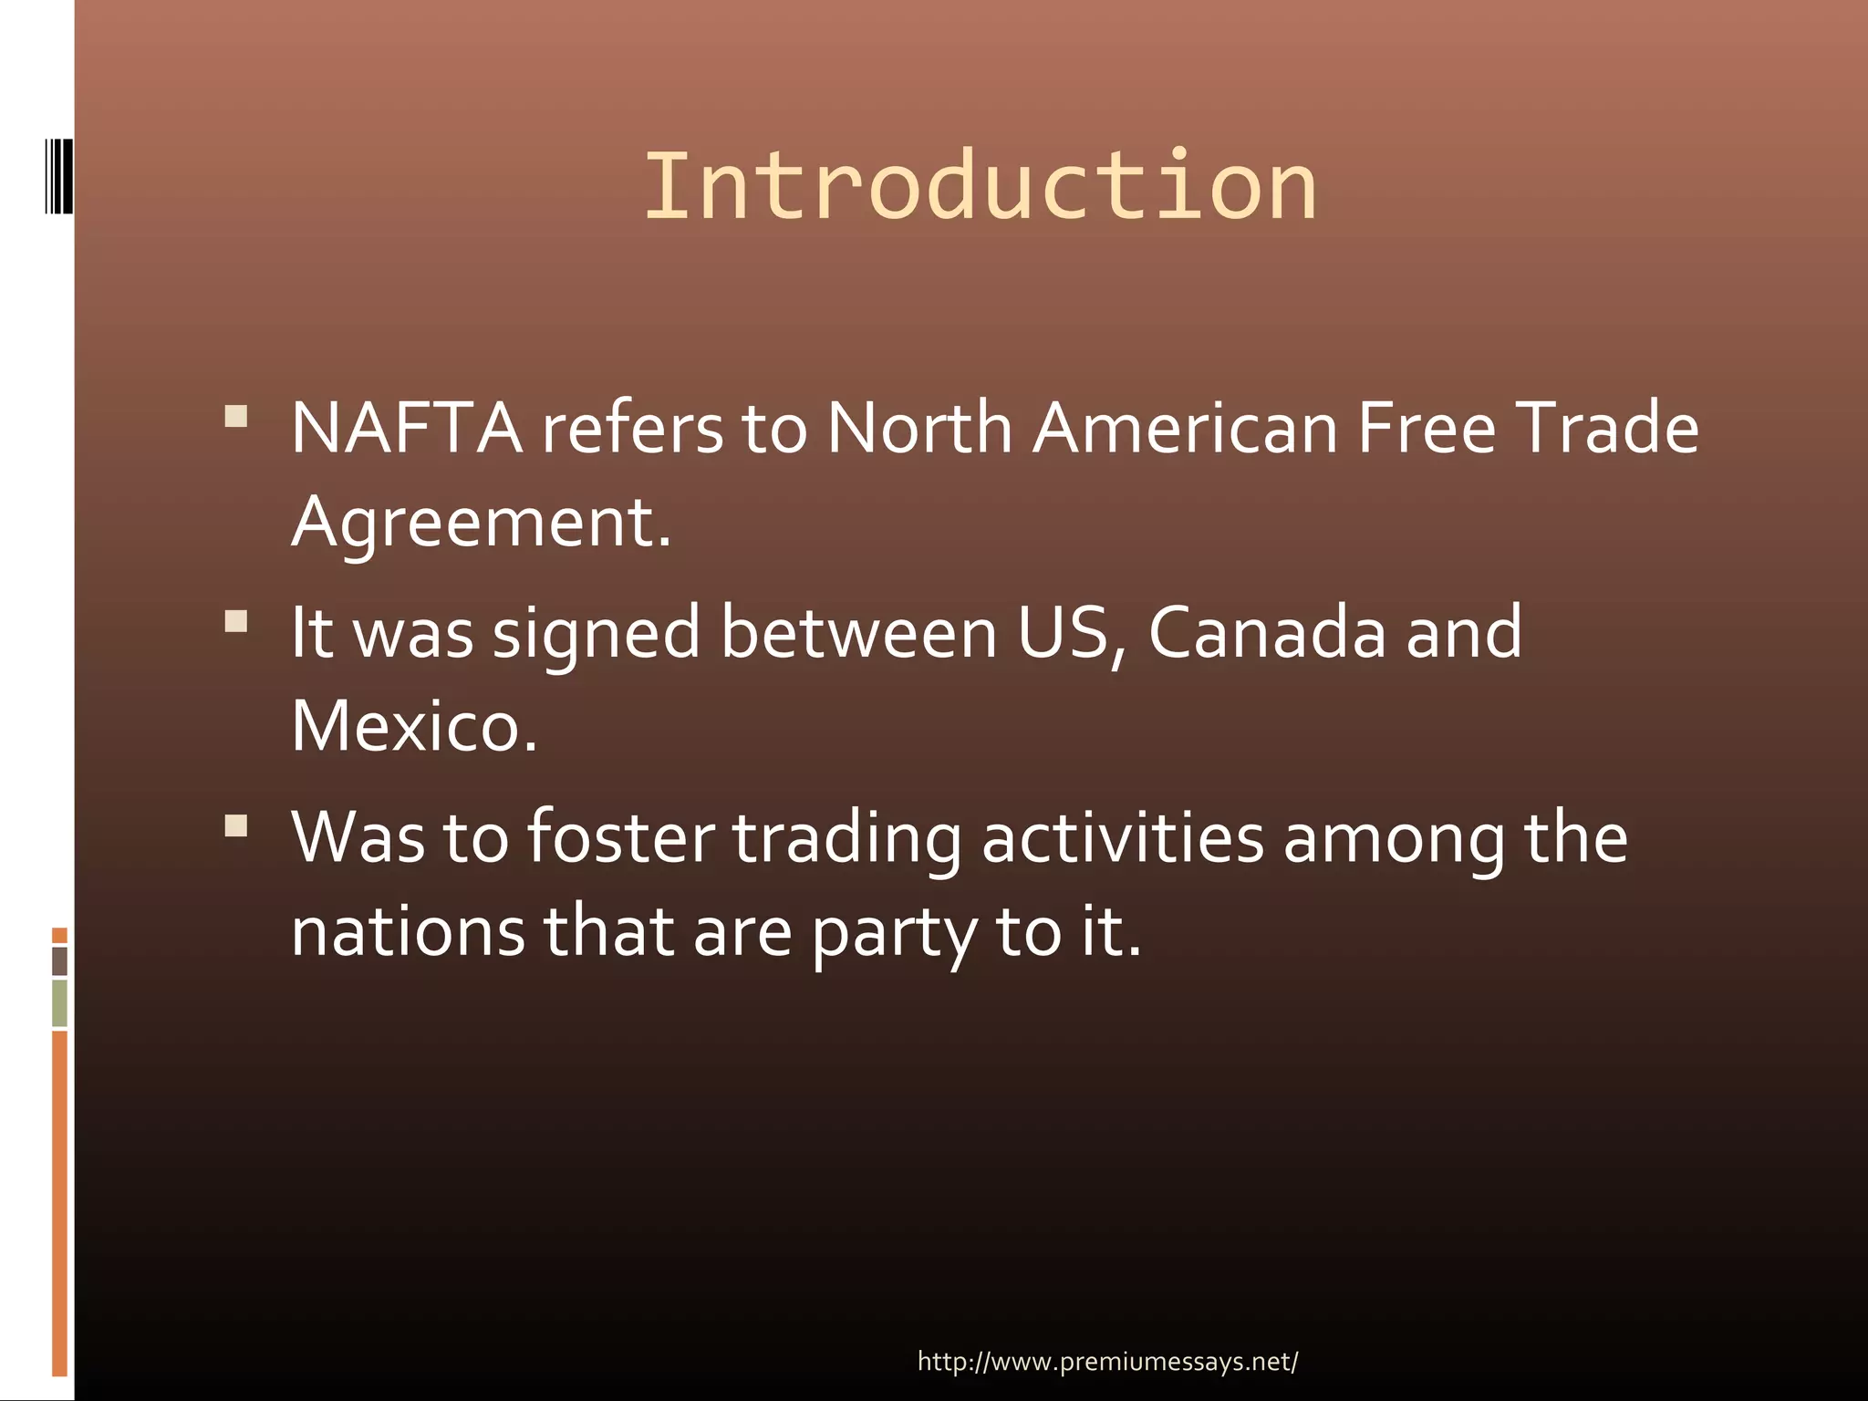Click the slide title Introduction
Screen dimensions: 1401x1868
[x=981, y=187]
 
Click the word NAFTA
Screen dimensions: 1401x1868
[x=407, y=428]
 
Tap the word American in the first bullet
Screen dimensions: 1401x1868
[x=1185, y=428]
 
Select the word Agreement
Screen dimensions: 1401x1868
[x=481, y=523]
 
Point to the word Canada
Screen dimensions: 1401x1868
[x=1267, y=632]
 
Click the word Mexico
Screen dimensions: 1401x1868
[x=414, y=727]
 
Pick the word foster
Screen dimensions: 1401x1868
[x=621, y=837]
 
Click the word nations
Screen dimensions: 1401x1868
[x=408, y=932]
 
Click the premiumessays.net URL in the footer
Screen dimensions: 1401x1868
[x=1107, y=1362]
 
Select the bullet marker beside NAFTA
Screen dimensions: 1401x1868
[x=236, y=417]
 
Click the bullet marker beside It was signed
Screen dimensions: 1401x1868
[x=236, y=621]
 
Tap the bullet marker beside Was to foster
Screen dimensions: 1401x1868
[x=236, y=826]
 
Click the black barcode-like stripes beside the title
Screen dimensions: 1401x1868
[x=59, y=176]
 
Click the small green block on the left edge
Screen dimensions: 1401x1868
[x=60, y=1002]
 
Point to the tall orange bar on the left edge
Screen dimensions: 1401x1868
[x=60, y=1202]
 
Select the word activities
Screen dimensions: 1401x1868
[x=1123, y=837]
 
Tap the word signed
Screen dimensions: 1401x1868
[x=597, y=634]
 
